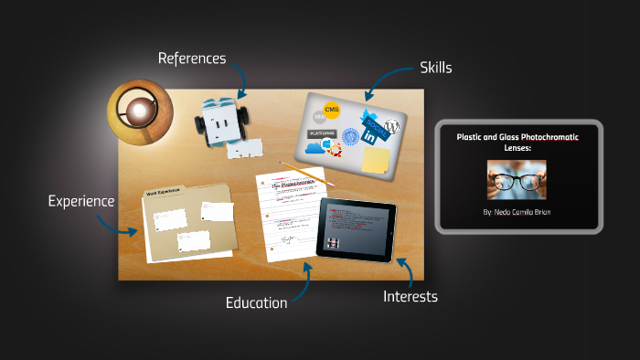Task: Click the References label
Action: coord(191,58)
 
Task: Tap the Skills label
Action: coord(435,67)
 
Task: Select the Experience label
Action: coord(81,200)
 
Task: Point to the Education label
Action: coord(256,302)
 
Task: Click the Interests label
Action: coord(410,296)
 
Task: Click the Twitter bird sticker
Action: coord(370,117)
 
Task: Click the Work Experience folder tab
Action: coord(164,192)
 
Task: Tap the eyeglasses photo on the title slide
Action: coord(517,180)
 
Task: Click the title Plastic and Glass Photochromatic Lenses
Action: coord(517,142)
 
